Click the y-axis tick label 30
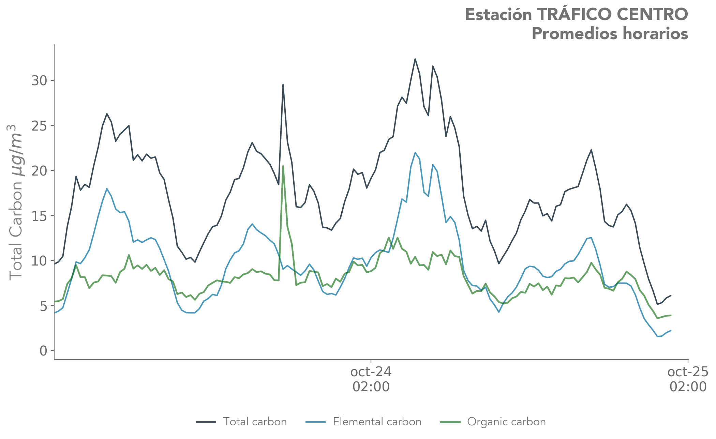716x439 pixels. [39, 81]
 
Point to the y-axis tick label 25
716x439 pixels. [39, 126]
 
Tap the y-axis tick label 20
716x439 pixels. [39, 171]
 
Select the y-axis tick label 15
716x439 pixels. [39, 216]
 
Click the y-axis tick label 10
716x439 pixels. [39, 261]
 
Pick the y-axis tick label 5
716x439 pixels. [43, 306]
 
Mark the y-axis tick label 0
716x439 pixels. [43, 351]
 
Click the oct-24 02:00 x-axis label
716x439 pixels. [371, 379]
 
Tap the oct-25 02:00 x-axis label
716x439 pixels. [687, 379]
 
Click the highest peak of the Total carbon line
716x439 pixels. [415, 59]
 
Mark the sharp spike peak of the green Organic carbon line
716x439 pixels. [283, 166]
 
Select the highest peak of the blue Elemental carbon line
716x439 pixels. [415, 153]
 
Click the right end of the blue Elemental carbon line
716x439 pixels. [671, 330]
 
